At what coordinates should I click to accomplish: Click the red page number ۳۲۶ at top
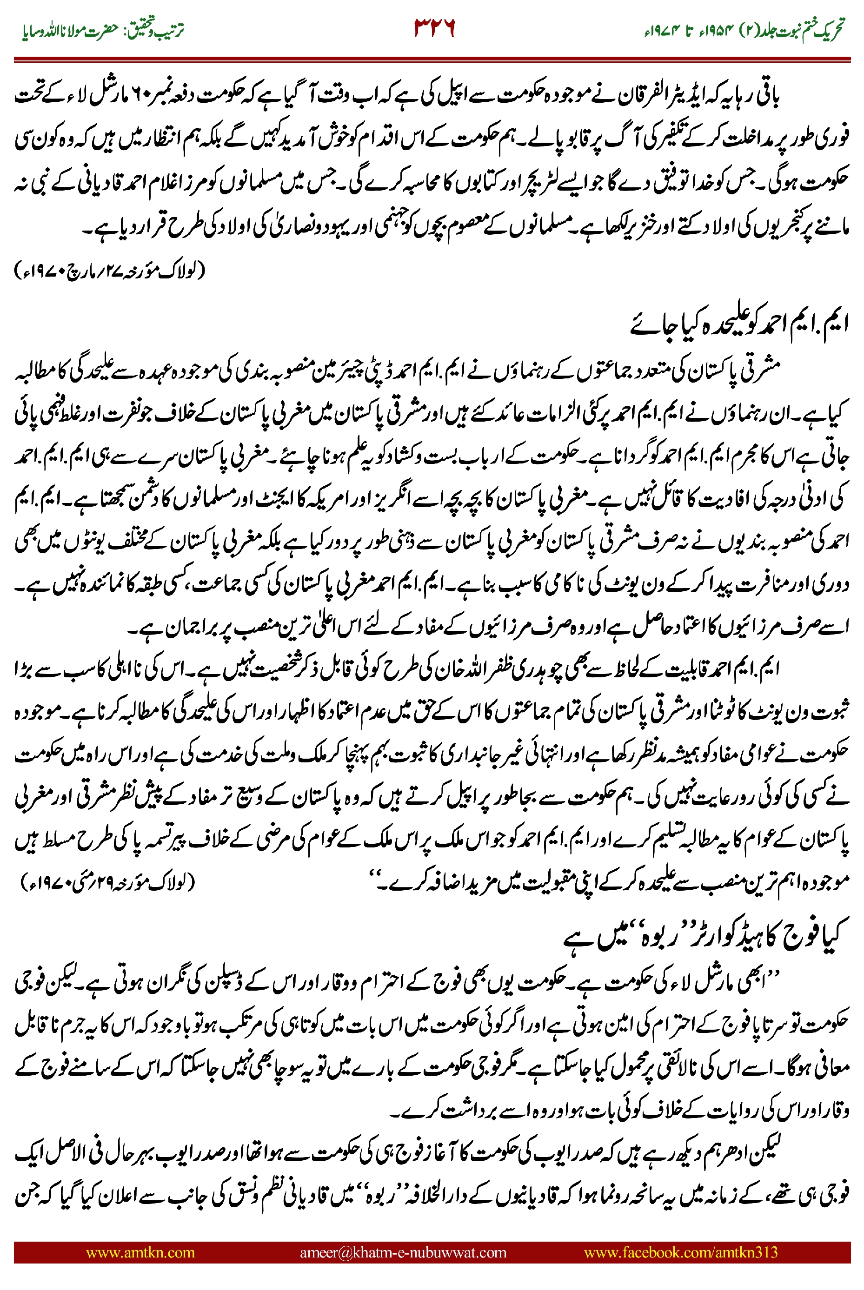(x=434, y=28)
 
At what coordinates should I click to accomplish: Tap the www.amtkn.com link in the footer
(x=140, y=1252)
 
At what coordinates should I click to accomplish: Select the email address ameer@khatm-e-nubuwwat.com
(x=403, y=1252)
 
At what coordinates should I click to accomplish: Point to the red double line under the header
(x=432, y=59)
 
